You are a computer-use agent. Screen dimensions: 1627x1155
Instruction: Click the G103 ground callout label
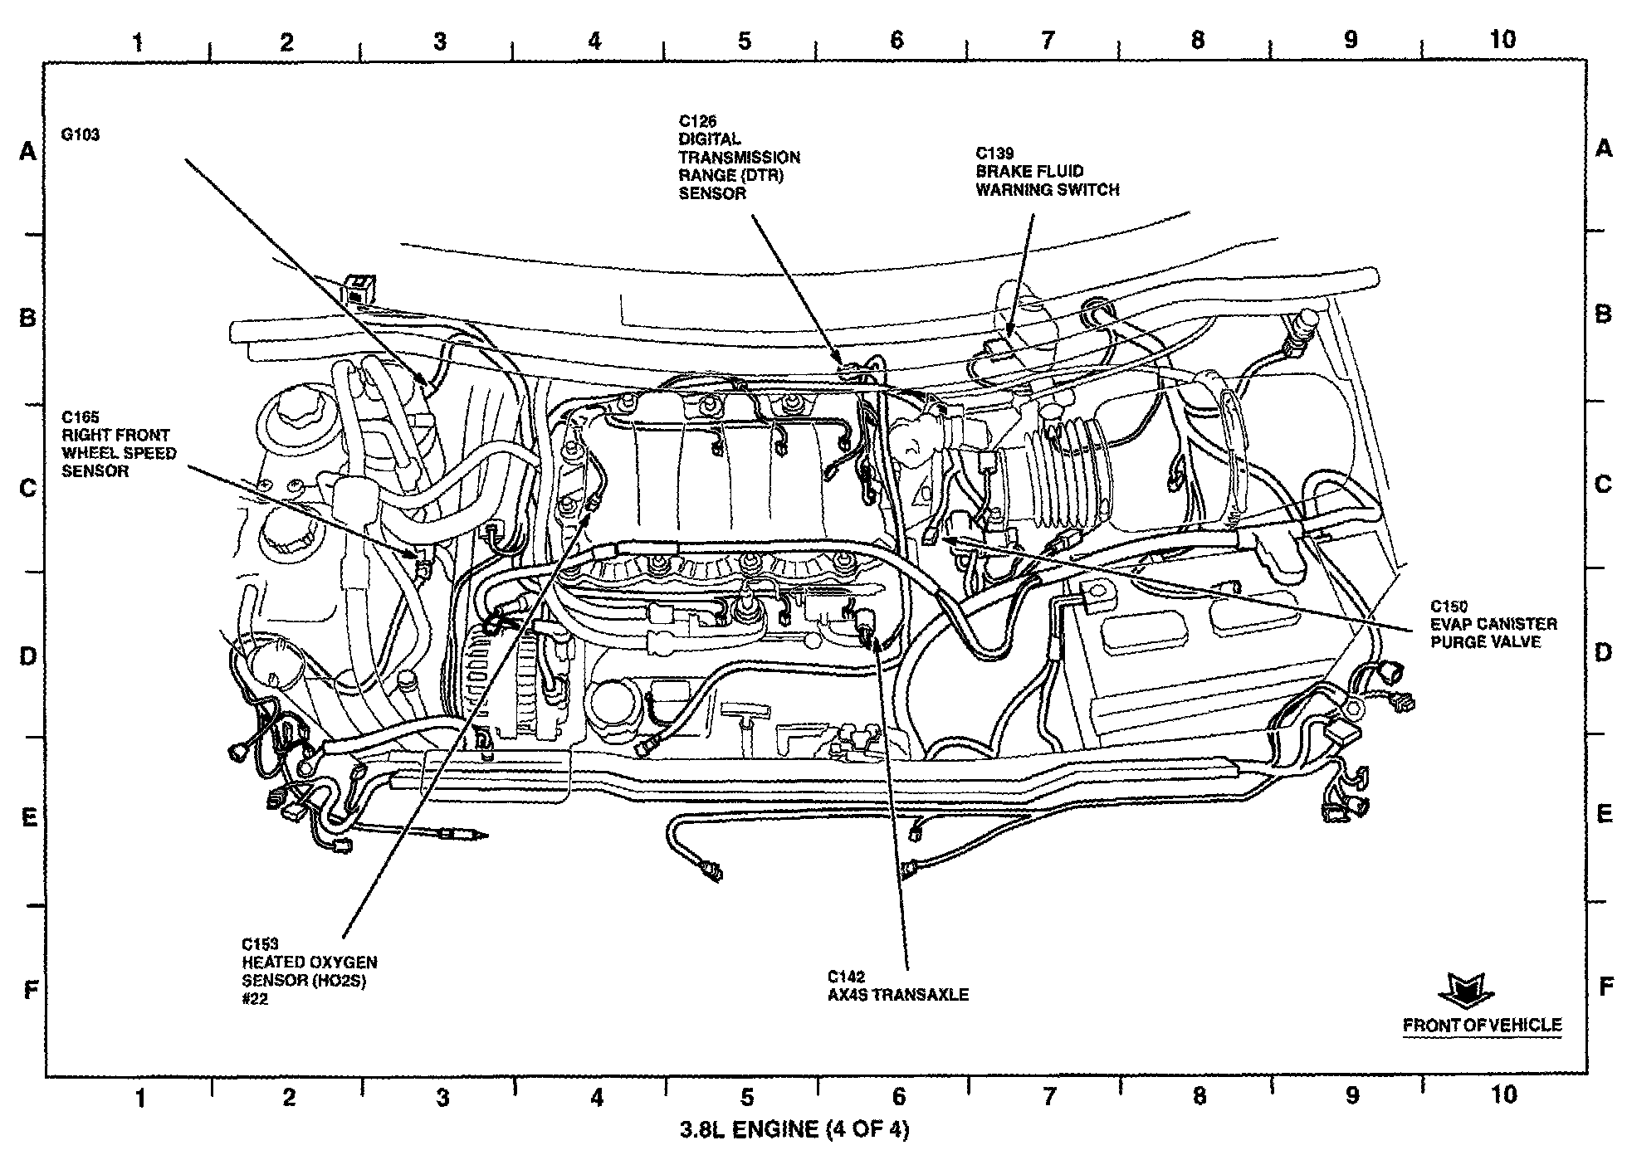point(81,134)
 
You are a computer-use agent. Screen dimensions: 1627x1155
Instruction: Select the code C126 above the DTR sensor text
point(697,121)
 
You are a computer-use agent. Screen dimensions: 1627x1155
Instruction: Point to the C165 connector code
point(81,417)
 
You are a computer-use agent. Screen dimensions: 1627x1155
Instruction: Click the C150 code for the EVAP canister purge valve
point(1449,607)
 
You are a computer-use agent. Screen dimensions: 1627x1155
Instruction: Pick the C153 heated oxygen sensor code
point(261,944)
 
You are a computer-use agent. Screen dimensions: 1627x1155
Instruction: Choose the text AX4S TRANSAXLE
point(898,995)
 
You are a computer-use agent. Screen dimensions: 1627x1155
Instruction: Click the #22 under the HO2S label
point(255,1000)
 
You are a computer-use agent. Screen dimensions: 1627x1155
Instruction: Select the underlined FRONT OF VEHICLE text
point(1483,1026)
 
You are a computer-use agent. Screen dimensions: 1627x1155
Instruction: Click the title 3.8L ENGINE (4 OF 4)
point(794,1130)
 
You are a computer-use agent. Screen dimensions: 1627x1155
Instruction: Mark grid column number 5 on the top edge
point(745,40)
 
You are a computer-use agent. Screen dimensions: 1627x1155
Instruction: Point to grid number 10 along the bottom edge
point(1503,1095)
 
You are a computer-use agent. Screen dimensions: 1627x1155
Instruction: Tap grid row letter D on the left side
point(28,657)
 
